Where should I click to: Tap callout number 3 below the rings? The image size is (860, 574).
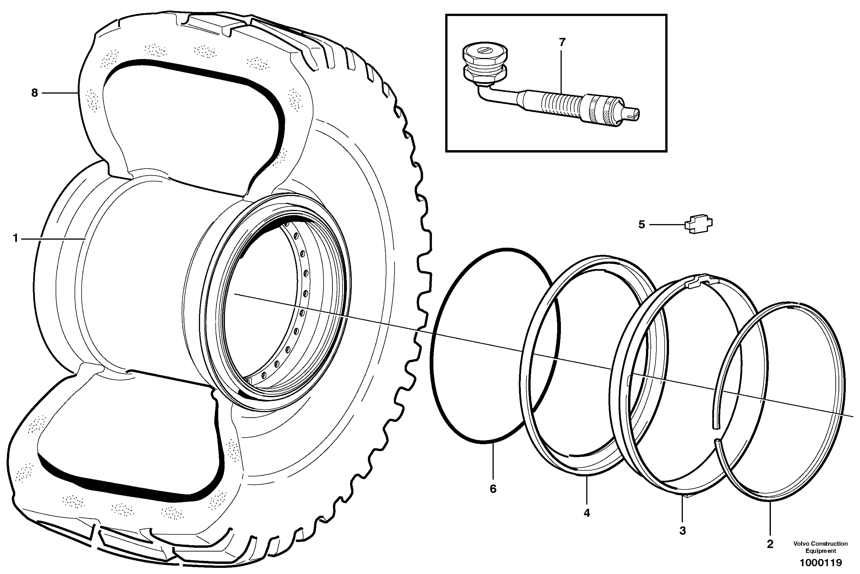coord(683,531)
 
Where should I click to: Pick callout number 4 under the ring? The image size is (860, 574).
coord(587,513)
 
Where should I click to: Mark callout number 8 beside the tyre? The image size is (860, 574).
coord(34,93)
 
